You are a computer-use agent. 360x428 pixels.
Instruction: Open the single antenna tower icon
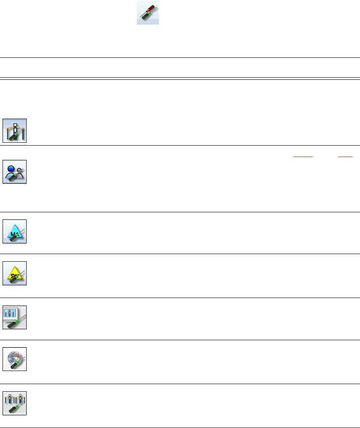click(15, 130)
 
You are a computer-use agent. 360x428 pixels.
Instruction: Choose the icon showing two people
click(15, 171)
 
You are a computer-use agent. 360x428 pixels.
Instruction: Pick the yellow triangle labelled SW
click(15, 272)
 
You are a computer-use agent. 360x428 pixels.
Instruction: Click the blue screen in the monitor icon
click(13, 314)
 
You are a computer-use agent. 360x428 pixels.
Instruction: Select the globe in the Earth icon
click(14, 357)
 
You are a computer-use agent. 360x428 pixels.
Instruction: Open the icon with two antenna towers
click(15, 403)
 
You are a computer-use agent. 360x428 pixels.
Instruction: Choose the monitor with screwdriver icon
click(15, 317)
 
